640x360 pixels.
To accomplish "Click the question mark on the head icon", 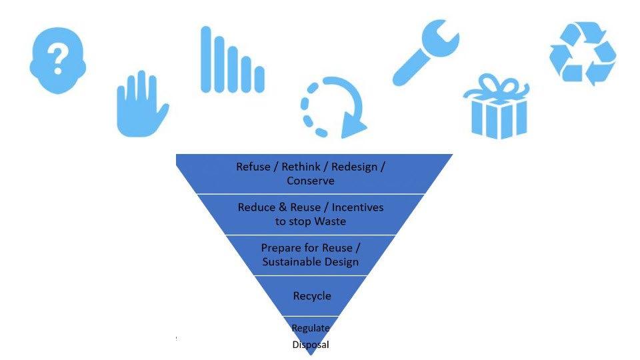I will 58,59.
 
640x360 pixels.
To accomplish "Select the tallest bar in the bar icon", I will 206,59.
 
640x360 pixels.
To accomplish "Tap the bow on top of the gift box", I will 496,87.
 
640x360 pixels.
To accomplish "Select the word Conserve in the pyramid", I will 311,181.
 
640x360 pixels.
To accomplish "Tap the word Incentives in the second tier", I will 355,207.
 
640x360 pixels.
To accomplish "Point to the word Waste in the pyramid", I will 331,221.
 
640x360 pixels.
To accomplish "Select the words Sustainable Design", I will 311,262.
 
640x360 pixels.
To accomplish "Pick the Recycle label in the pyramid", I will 312,295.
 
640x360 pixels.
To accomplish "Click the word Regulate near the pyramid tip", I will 311,328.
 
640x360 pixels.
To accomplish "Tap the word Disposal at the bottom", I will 311,345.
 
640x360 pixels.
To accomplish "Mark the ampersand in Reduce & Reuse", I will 283,207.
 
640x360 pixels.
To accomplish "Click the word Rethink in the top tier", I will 299,167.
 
